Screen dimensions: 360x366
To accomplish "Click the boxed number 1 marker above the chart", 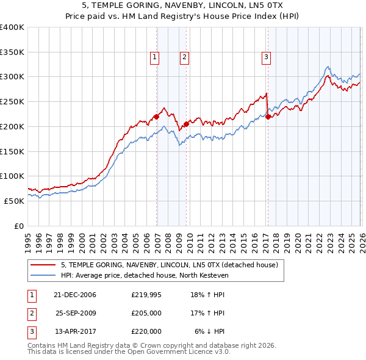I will pos(155,58).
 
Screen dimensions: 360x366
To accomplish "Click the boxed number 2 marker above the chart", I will pos(184,58).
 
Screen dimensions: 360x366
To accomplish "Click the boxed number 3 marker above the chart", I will pos(267,58).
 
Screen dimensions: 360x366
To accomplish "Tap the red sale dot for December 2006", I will pos(156,116).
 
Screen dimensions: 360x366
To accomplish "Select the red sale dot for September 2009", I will pos(186,124).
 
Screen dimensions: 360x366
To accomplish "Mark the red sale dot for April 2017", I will pos(268,117).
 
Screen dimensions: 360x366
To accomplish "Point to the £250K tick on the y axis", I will pos(12,102).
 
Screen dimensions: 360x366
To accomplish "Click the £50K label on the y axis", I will pos(15,201).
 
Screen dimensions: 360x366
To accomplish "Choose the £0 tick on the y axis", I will pos(20,226).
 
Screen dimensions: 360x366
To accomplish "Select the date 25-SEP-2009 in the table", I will pos(76,313).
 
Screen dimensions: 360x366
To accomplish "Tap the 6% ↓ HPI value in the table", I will pos(210,331).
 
